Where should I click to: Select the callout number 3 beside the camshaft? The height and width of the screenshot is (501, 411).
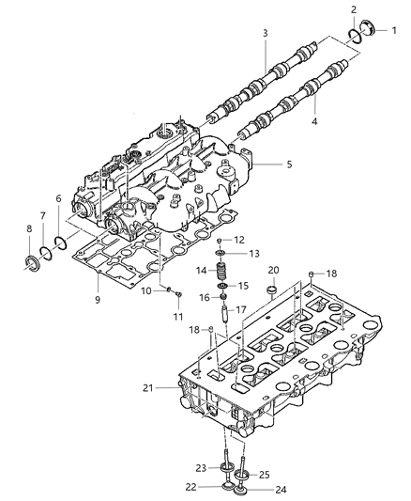point(266,34)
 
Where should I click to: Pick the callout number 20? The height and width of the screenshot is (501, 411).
point(274,270)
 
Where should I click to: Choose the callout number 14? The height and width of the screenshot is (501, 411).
point(201,272)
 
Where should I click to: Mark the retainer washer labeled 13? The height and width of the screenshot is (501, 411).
point(220,254)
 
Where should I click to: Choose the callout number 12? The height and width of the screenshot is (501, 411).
point(238,240)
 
